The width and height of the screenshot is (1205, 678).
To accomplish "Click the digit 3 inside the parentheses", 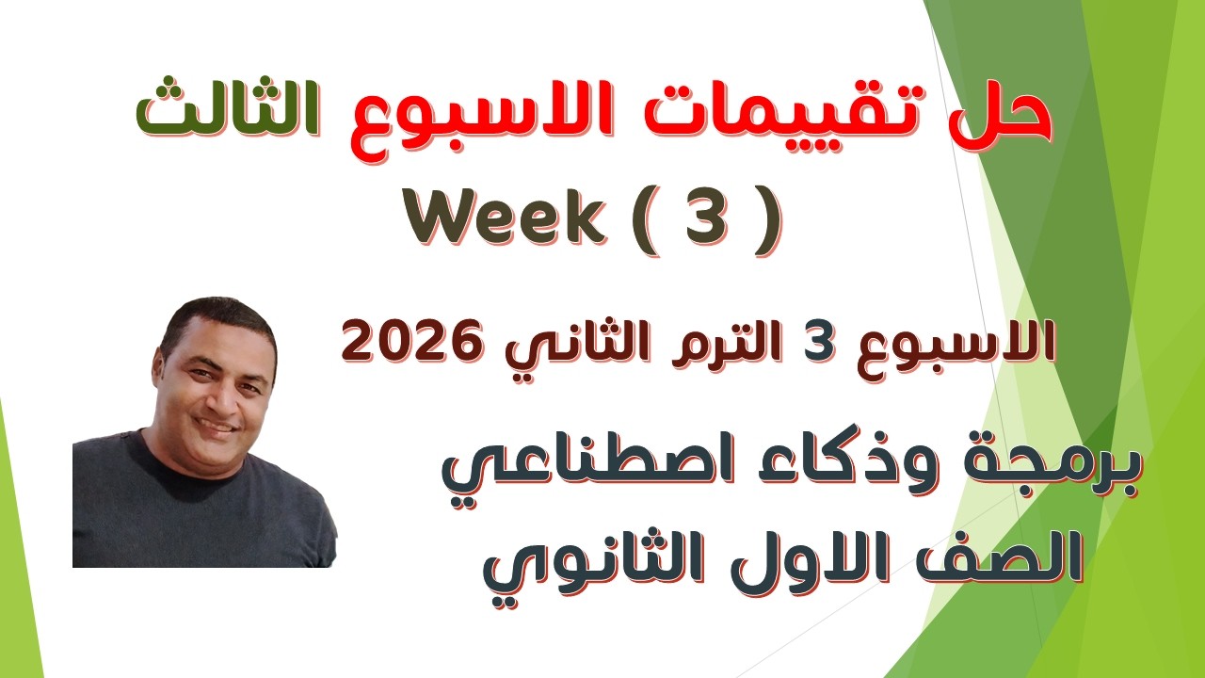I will click(714, 219).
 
